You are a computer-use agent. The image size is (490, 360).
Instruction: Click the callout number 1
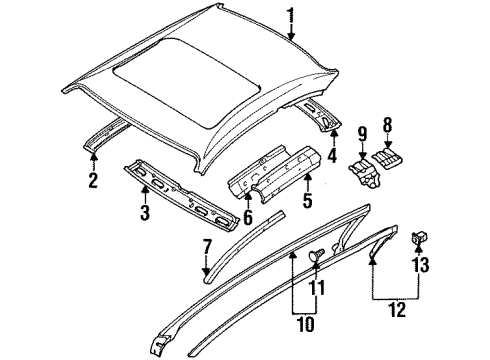click(x=290, y=15)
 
